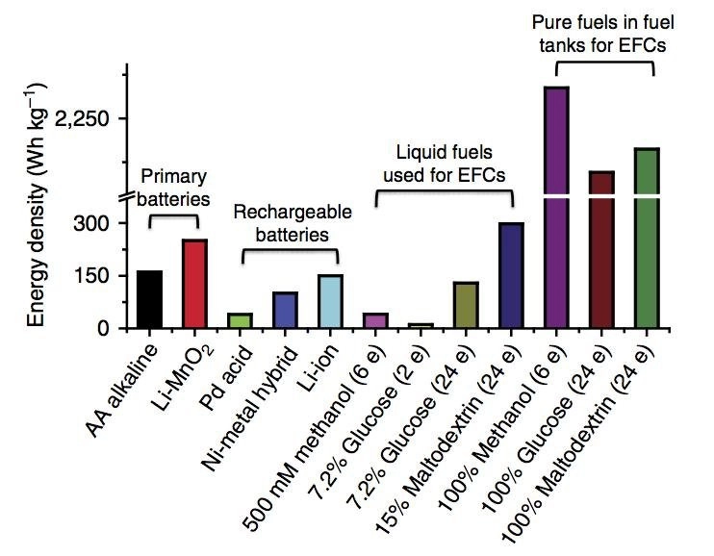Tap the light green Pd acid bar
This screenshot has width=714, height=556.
click(240, 320)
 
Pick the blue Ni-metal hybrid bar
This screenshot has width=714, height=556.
click(285, 310)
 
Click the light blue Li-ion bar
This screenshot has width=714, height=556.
click(329, 301)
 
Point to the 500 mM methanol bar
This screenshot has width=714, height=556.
click(374, 320)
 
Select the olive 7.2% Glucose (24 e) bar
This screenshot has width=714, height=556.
click(466, 305)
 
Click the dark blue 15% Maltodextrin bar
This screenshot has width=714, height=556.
click(511, 276)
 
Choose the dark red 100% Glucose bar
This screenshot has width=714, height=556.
click(601, 250)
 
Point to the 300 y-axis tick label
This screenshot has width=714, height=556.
click(95, 224)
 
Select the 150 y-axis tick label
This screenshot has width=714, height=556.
click(95, 277)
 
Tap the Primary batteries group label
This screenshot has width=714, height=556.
click(174, 188)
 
